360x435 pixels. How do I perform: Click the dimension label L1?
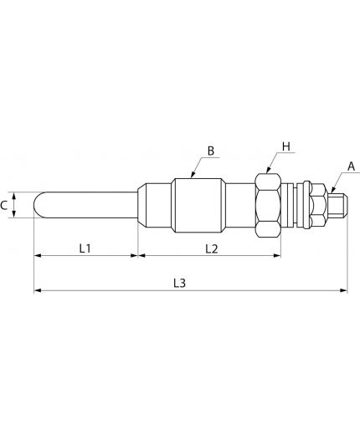coord(85,248)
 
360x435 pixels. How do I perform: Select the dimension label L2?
coord(212,248)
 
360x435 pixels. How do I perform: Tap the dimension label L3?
coord(179,284)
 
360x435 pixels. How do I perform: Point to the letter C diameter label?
coord(3,206)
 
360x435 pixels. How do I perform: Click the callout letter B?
coord(211,151)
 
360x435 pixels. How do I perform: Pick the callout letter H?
coord(286,146)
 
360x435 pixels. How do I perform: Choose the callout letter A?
coord(351,166)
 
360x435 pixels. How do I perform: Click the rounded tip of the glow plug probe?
coord(36,205)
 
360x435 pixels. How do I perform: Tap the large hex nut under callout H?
coord(268,205)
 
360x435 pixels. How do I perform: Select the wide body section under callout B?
coord(198,205)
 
